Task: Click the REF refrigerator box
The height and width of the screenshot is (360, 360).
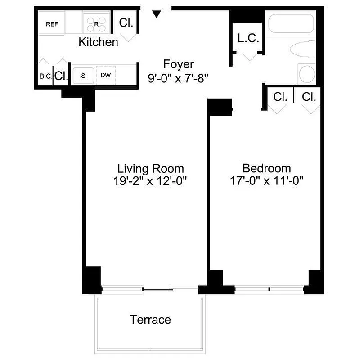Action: pyautogui.click(x=52, y=24)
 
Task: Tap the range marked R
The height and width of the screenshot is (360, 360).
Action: pyautogui.click(x=96, y=23)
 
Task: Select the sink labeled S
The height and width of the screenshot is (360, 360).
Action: pyautogui.click(x=83, y=75)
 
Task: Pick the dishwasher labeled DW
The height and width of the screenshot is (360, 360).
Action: pyautogui.click(x=106, y=75)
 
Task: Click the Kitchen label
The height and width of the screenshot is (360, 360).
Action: pyautogui.click(x=99, y=42)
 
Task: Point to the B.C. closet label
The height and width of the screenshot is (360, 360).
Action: pyautogui.click(x=45, y=76)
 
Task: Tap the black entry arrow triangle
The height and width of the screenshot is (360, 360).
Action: pyautogui.click(x=156, y=14)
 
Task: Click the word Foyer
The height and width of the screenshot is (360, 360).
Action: pyautogui.click(x=179, y=64)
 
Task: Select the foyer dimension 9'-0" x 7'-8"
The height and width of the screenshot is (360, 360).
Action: pyautogui.click(x=179, y=77)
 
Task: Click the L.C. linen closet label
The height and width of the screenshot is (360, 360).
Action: pyautogui.click(x=248, y=39)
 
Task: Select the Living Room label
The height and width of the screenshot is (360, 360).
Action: pyautogui.click(x=151, y=169)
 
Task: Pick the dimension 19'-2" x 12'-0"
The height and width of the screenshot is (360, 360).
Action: pyautogui.click(x=151, y=181)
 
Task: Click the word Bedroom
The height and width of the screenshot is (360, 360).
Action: pyautogui.click(x=267, y=169)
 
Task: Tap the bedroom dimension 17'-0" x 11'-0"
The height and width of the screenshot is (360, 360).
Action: pyautogui.click(x=267, y=181)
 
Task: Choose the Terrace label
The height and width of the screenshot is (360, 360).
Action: pyautogui.click(x=151, y=320)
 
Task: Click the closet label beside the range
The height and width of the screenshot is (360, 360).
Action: pyautogui.click(x=126, y=23)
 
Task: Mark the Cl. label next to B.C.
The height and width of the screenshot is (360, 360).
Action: pyautogui.click(x=61, y=76)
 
